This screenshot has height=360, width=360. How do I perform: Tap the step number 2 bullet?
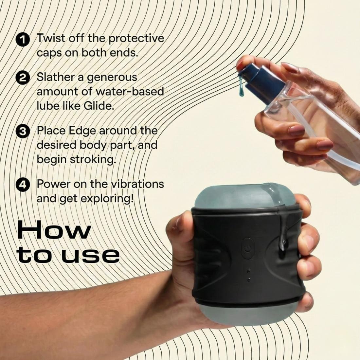click(23, 78)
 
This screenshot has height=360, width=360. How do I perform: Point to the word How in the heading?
click(54, 230)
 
